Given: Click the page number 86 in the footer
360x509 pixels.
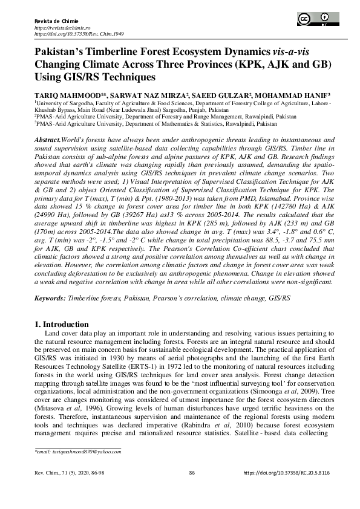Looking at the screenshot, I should coord(192,472).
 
